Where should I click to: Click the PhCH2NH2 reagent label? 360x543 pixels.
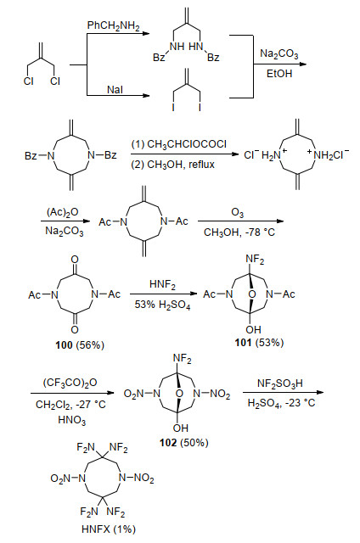[113, 26]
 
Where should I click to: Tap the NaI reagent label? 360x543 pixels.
[115, 89]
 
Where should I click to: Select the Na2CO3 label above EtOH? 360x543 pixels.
[279, 54]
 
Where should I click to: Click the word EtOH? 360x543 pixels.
[279, 74]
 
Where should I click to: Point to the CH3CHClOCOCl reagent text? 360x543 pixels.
[179, 144]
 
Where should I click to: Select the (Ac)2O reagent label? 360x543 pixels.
[62, 212]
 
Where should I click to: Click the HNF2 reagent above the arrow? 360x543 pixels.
[162, 285]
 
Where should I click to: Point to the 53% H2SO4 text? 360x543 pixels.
[162, 305]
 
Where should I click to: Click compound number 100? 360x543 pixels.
[64, 345]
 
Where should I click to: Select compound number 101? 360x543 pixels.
[243, 343]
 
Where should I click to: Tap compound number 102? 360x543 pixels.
[168, 443]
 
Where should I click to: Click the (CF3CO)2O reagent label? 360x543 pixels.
[70, 383]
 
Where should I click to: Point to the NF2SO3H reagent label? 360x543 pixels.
[280, 383]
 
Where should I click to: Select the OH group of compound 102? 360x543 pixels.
[181, 428]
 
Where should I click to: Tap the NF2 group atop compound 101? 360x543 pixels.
[255, 260]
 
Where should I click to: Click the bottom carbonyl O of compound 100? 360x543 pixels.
[75, 330]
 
